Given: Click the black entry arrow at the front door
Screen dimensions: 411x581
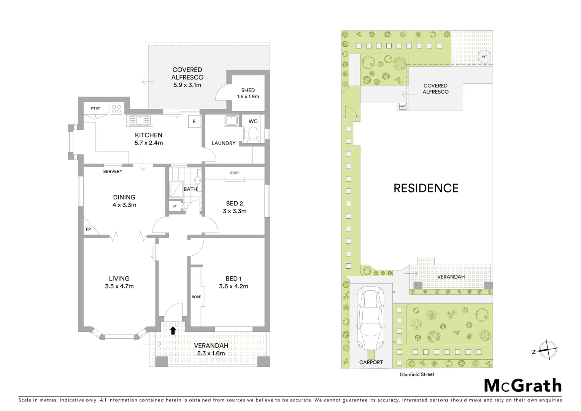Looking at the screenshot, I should [x=173, y=330].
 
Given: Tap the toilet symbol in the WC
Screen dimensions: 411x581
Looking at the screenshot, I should [x=252, y=134].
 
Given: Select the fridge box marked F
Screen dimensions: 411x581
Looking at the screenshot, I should [x=194, y=122].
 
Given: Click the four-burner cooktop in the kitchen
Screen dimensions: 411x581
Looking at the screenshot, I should [x=116, y=109].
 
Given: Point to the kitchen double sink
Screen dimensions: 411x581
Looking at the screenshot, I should [x=140, y=121].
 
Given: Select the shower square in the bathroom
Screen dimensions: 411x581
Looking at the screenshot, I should [x=176, y=189].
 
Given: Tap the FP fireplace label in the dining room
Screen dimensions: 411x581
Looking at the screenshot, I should [x=88, y=229].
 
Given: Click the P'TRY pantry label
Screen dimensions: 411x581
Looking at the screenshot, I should [x=95, y=108].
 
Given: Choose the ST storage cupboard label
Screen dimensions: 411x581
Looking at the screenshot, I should [x=175, y=206].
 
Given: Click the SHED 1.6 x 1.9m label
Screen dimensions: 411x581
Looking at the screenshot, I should [x=248, y=93].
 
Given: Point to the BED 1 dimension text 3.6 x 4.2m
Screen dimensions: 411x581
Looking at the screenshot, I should [x=233, y=286].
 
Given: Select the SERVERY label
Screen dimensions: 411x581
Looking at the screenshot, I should [x=113, y=172].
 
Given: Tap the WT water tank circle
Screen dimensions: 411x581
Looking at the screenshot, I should [x=484, y=57].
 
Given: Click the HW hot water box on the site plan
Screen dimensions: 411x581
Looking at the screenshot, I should [x=402, y=107].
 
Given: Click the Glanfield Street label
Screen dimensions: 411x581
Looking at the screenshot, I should [x=417, y=374].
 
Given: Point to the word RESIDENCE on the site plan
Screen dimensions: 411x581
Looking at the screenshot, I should [x=426, y=188].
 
